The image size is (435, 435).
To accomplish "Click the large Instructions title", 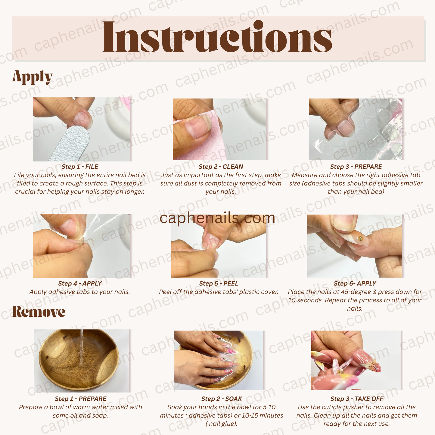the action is (217, 37).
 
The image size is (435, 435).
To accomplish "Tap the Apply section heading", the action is (32, 77).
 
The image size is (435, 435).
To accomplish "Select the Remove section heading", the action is (39, 312).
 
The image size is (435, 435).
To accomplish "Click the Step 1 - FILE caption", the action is (80, 166).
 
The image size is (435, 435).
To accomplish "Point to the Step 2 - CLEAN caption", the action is (221, 166).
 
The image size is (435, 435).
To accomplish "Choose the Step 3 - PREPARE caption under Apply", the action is (356, 166).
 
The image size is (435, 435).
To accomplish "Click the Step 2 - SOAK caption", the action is (222, 399).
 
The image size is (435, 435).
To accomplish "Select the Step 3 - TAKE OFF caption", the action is (357, 399).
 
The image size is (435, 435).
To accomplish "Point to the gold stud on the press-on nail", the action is (361, 238).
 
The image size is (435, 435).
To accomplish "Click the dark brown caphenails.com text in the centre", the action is (217, 218).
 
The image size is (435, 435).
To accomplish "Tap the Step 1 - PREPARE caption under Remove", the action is (80, 399).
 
